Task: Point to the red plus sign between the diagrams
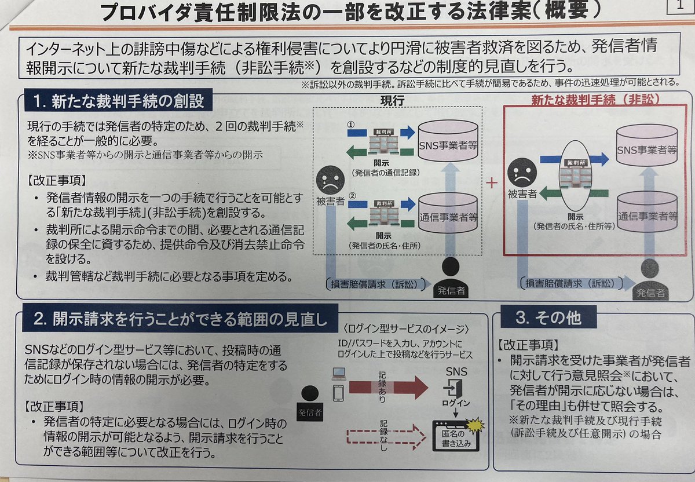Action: click(492, 183)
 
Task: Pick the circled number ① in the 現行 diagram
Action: click(350, 124)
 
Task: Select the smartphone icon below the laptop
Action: click(338, 393)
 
